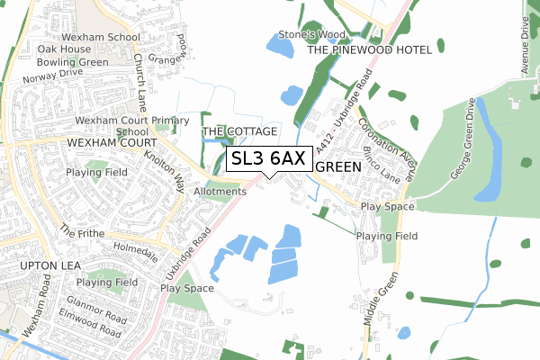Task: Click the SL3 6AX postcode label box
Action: click(x=269, y=158)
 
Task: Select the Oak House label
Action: click(x=64, y=49)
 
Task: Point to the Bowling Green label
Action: click(x=72, y=62)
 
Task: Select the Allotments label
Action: click(x=220, y=192)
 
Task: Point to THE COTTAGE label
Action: click(x=238, y=131)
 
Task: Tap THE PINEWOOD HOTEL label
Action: click(x=370, y=51)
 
